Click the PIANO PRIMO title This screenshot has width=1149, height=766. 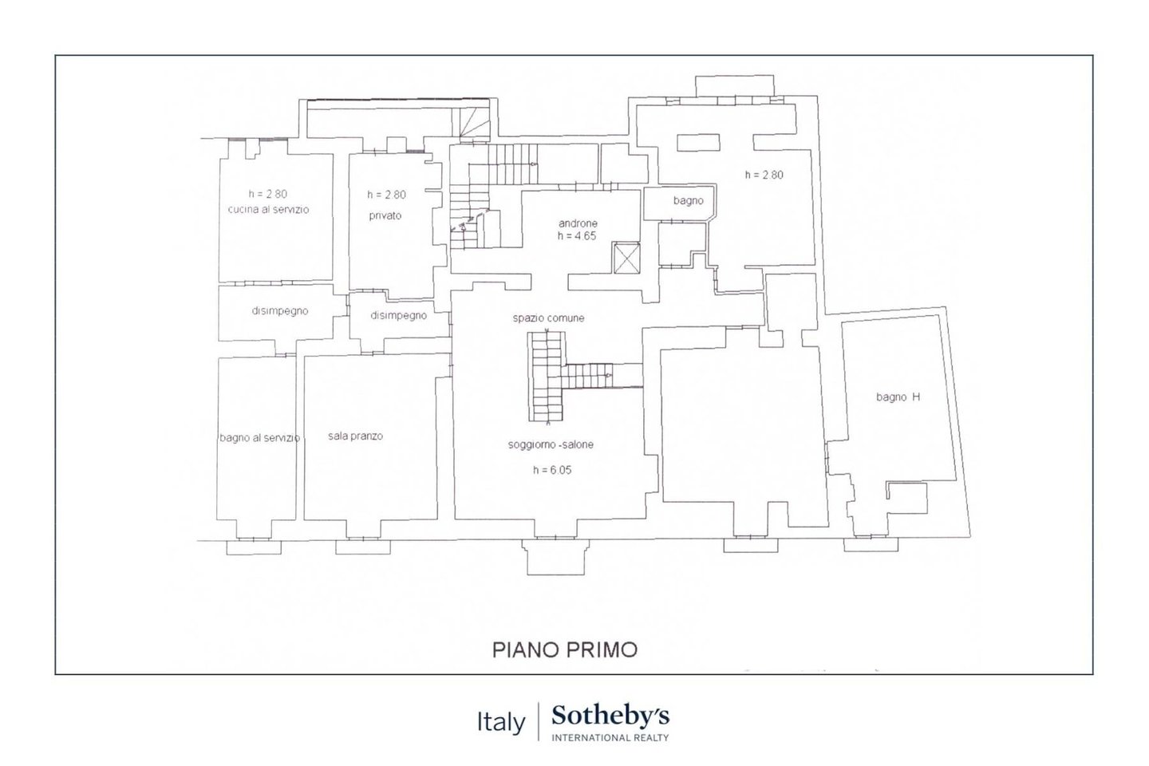coord(565,650)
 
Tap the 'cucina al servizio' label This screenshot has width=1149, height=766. coord(268,209)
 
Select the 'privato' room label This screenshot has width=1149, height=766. coord(385,215)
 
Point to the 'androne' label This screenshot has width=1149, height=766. coord(578,223)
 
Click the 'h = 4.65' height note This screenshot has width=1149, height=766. coord(577,236)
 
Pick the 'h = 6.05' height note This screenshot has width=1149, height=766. coord(552,470)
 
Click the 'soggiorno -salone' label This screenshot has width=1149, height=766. coord(551,444)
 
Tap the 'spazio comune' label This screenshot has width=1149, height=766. coord(548,318)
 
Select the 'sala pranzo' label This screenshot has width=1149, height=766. coord(356,436)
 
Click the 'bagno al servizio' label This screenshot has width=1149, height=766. coord(259,437)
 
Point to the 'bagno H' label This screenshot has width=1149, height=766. coord(898,397)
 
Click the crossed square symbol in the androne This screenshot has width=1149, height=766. coord(626,258)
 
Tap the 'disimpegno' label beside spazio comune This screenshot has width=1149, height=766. coord(399,315)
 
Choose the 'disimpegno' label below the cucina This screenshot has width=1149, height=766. coord(280,311)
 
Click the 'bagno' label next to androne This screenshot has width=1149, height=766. coord(689,200)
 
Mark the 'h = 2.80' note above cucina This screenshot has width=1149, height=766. coord(268,194)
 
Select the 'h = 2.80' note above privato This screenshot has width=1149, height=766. coord(386,195)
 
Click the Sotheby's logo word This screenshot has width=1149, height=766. coord(610,717)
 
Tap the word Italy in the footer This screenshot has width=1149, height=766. coord(501,722)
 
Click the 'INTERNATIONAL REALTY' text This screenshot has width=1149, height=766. coord(610,738)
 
